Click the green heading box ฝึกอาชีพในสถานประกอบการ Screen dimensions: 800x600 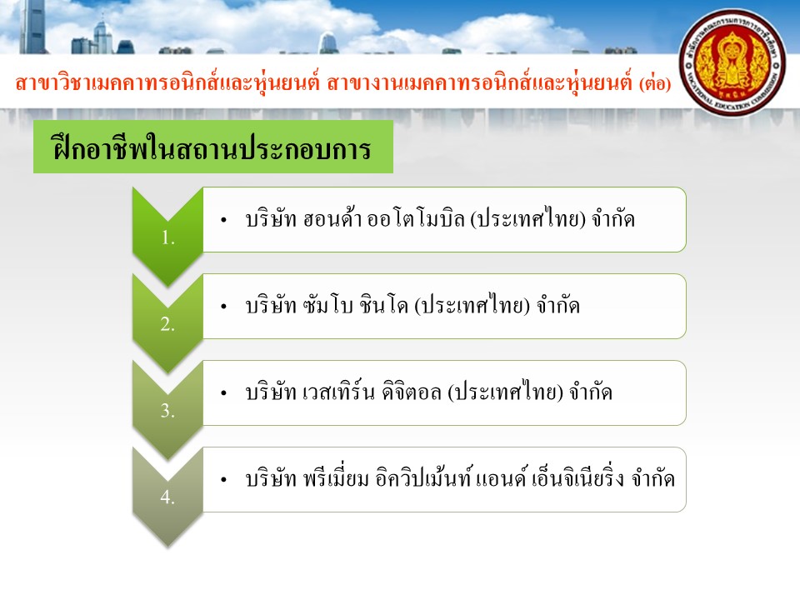tap(213, 147)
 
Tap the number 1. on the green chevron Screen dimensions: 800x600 tap(167, 237)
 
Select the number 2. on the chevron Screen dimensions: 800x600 tap(167, 324)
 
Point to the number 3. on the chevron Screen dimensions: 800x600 tap(167, 411)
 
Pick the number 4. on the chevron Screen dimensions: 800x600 tap(167, 497)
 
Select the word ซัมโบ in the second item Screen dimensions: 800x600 tap(328, 306)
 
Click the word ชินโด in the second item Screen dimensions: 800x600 tap(384, 306)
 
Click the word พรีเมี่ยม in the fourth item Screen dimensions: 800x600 tap(336, 478)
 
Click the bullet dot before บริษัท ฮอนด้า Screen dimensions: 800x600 tap(223, 220)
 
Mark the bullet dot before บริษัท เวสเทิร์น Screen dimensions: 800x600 tap(223, 393)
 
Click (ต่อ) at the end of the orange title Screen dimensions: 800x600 tap(655, 82)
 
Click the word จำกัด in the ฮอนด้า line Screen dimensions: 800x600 tap(613, 219)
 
